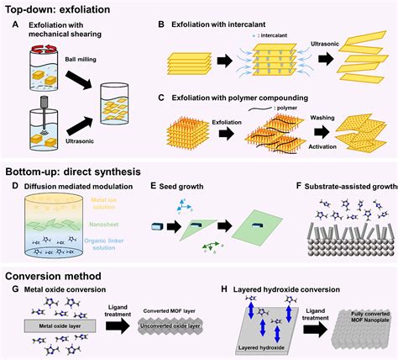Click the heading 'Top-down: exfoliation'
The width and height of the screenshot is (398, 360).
click(x=64, y=8)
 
